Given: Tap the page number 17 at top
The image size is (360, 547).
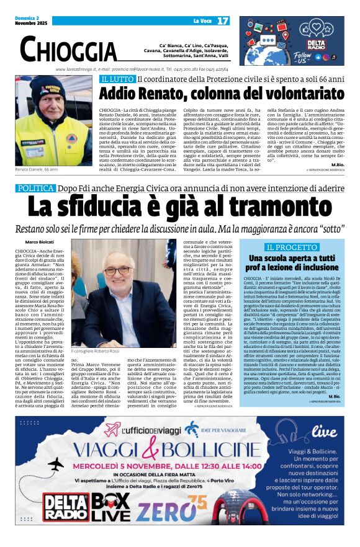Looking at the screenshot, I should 222,20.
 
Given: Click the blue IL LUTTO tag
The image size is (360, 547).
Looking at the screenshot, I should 116,79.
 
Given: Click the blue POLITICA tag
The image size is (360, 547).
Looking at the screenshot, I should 37,187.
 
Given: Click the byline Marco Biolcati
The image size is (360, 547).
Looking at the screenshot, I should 38,241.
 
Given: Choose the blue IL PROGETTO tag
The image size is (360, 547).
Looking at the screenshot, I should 292,247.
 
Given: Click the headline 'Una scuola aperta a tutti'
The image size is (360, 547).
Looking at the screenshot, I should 292,257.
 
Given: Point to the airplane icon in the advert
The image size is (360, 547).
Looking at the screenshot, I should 55,465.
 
